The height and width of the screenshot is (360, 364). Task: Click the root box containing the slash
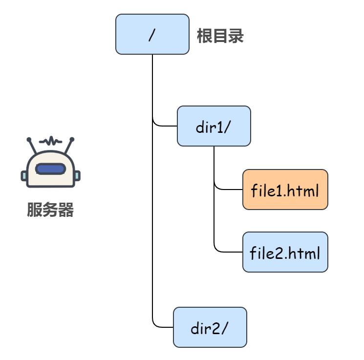(152, 34)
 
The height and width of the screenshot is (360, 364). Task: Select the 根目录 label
(220, 36)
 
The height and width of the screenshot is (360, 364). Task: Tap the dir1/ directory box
(214, 126)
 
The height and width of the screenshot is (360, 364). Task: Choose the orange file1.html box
(285, 190)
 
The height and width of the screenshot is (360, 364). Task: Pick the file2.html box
(285, 253)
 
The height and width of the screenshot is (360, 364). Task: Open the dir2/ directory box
(210, 327)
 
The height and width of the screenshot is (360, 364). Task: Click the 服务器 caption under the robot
(50, 211)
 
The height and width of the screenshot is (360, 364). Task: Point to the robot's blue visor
(50, 169)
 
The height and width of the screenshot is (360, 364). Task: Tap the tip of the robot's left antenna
(29, 140)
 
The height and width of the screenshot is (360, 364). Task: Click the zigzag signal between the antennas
(51, 142)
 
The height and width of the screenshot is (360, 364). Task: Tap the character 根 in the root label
(204, 36)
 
